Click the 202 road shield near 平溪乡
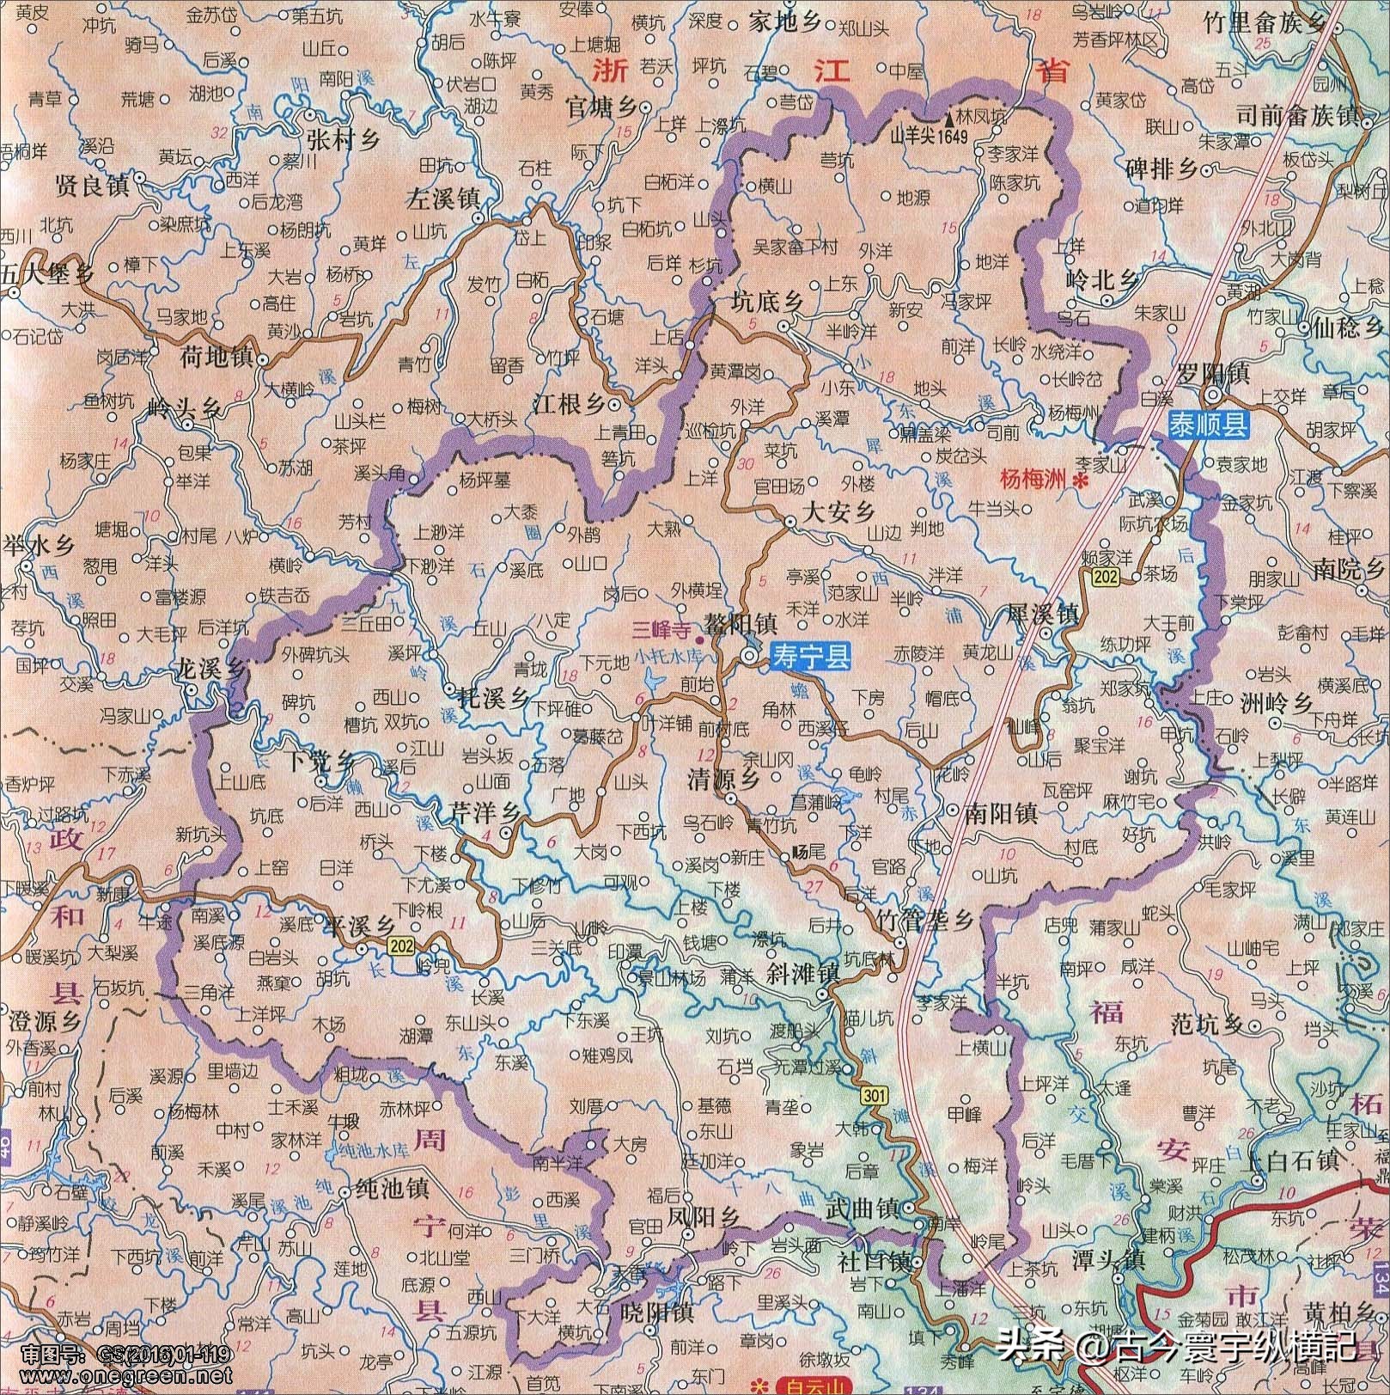point(399,946)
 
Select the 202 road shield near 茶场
point(1105,578)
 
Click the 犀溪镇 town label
point(1043,615)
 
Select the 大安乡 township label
point(838,512)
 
